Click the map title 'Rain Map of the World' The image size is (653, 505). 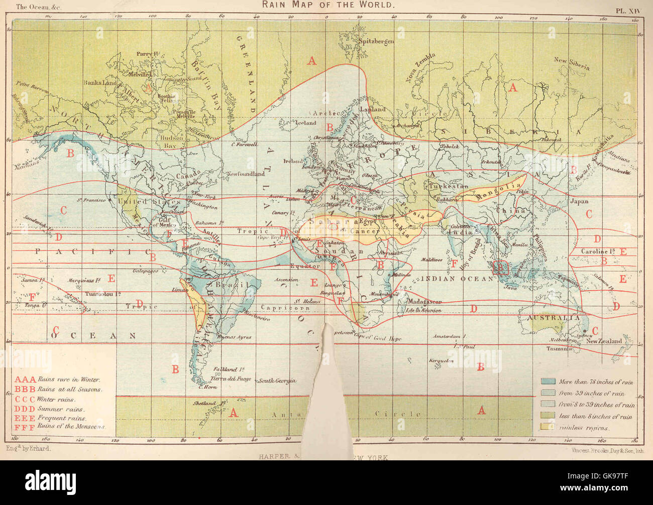328,5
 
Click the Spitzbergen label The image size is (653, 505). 375,42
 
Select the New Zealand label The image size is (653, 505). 604,341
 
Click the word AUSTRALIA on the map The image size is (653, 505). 553,318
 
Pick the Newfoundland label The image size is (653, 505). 246,174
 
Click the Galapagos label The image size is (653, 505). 146,271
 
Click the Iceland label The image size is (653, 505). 305,123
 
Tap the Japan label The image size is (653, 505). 579,201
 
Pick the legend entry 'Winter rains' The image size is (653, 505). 56,400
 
